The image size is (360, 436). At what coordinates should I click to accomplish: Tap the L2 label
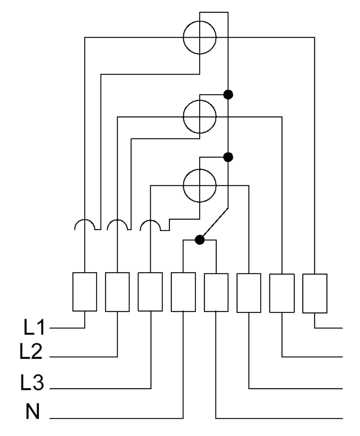pyautogui.click(x=31, y=351)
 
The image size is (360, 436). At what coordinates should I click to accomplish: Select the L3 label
pyautogui.click(x=32, y=382)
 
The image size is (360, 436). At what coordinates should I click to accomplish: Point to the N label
pyautogui.click(x=33, y=411)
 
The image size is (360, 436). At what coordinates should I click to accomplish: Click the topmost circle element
pyautogui.click(x=184, y=37)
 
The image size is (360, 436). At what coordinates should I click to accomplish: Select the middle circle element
pyautogui.click(x=184, y=117)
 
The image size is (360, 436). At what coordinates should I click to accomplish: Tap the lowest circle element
pyautogui.click(x=184, y=185)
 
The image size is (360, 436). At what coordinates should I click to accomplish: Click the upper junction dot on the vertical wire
pyautogui.click(x=228, y=95)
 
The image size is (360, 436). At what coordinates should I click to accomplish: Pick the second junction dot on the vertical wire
pyautogui.click(x=228, y=157)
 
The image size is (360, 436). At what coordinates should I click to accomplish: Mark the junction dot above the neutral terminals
pyautogui.click(x=199, y=240)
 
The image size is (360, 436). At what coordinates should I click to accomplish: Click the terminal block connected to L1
pyautogui.click(x=85, y=292)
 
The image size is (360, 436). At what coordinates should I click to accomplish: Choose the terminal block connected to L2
pyautogui.click(x=117, y=292)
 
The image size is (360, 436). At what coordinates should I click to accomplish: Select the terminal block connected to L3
pyautogui.click(x=150, y=292)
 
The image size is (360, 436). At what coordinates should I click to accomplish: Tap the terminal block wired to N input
pyautogui.click(x=183, y=292)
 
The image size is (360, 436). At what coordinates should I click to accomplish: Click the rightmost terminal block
pyautogui.click(x=315, y=293)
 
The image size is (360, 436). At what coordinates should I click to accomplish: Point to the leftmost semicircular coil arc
pyautogui.click(x=85, y=220)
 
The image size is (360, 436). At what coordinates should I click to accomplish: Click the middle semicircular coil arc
pyautogui.click(x=118, y=220)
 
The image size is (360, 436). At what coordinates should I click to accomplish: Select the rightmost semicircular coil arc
pyautogui.click(x=150, y=220)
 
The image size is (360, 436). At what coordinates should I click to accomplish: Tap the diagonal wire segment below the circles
pyautogui.click(x=214, y=224)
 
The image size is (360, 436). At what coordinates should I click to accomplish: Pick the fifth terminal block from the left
pyautogui.click(x=216, y=293)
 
